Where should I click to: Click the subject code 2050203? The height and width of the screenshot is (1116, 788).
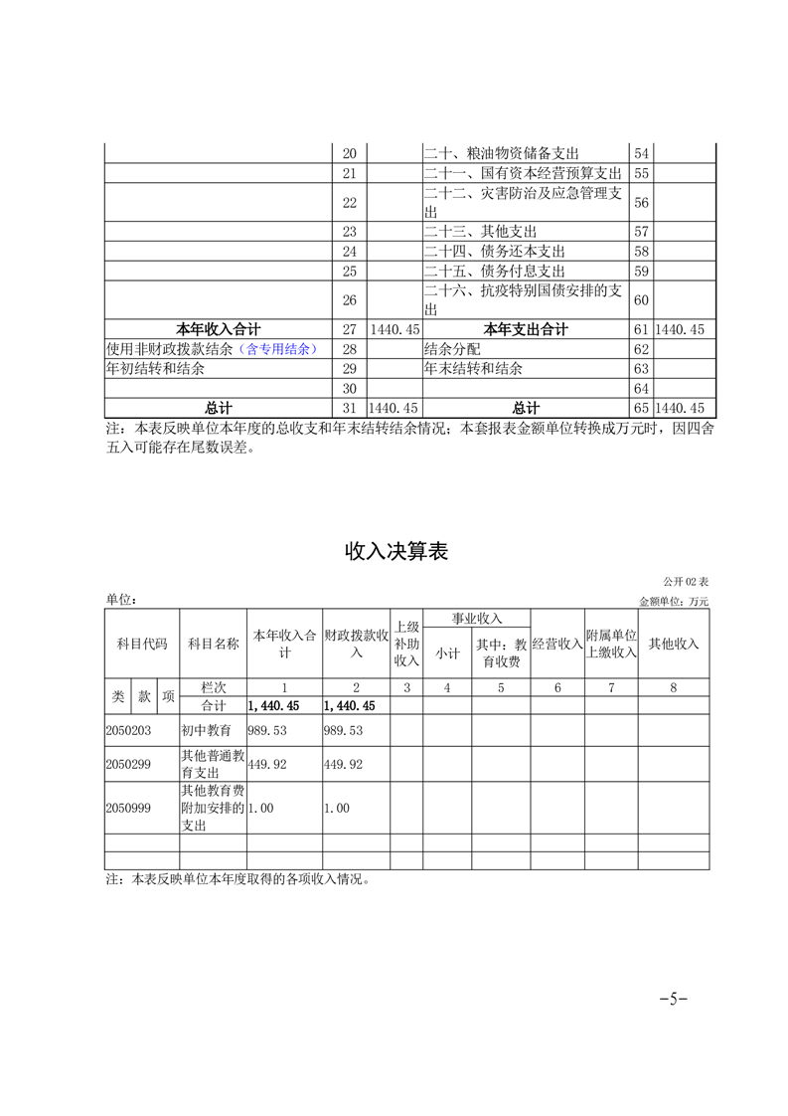click(128, 730)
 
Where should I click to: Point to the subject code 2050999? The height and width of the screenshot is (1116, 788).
click(128, 809)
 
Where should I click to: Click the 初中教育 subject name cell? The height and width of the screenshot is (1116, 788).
click(207, 730)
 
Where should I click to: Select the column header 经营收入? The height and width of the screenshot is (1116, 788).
click(556, 644)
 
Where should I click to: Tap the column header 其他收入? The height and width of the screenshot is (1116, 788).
click(673, 644)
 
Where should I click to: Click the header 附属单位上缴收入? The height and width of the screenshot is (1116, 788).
click(610, 644)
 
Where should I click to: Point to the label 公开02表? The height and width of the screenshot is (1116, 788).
click(686, 582)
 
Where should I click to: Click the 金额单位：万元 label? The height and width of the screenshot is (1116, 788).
click(674, 601)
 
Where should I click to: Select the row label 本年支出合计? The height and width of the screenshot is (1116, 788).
click(526, 329)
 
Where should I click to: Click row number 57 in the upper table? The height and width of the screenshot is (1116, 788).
click(641, 231)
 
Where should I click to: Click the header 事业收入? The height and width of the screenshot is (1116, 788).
click(477, 619)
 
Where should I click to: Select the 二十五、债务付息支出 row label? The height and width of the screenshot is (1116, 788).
click(495, 271)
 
